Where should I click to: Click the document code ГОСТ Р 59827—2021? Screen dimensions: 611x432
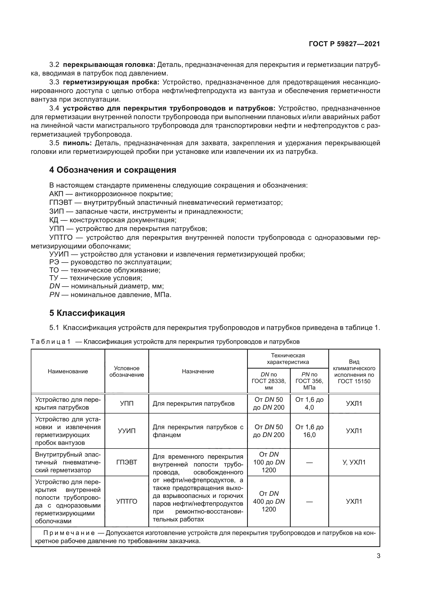coord(344,44)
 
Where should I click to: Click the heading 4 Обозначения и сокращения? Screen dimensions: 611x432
coord(113,170)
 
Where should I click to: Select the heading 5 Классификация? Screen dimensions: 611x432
coord(87,313)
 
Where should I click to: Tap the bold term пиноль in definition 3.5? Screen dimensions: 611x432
coord(77,143)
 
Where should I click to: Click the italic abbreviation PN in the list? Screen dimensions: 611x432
coord(54,295)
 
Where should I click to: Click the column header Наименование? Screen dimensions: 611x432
coord(68,371)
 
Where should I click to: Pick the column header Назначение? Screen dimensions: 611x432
coord(198,371)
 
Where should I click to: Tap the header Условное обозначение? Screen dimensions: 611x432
coord(127,371)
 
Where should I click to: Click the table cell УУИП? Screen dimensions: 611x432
coord(127,431)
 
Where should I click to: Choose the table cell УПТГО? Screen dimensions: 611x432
coord(127,501)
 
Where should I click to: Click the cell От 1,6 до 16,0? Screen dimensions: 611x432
coord(309,431)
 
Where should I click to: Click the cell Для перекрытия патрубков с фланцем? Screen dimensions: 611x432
coord(198,431)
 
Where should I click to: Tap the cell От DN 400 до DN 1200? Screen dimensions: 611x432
coord(269,501)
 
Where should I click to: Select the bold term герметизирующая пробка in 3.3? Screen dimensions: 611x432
coord(111,82)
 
